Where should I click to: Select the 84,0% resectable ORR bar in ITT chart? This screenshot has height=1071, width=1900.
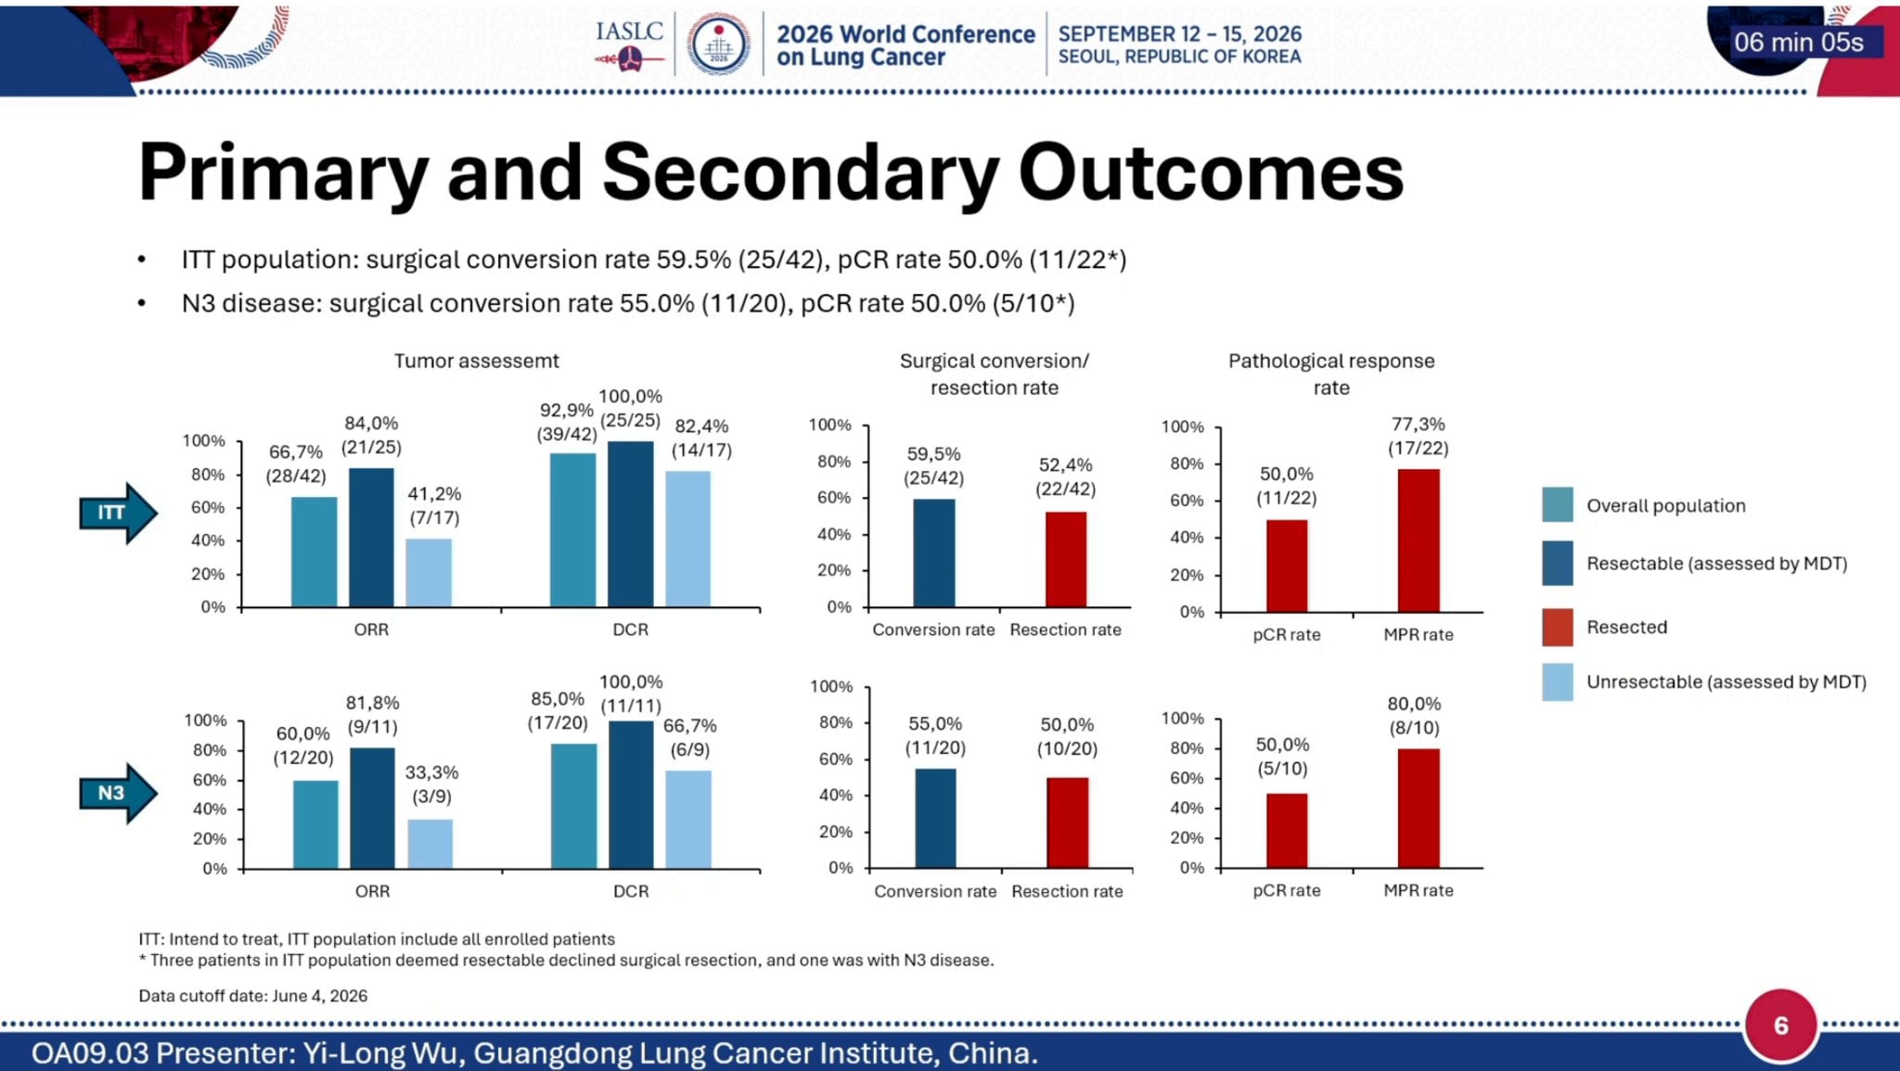coord(371,538)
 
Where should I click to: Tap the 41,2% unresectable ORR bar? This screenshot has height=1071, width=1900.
coord(429,573)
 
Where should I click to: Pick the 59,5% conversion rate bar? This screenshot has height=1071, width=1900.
coord(933,554)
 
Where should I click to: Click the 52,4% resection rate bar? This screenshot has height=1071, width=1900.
coord(1066,560)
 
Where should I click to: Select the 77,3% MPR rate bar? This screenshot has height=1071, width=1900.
coord(1419,541)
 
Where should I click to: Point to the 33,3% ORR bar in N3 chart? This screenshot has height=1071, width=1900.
coord(430,845)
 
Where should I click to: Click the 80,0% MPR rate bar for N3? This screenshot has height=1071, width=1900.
coord(1419,809)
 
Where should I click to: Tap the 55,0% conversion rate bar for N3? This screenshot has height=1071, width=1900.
coord(935,819)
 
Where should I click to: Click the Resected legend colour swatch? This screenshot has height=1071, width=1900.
coord(1558,628)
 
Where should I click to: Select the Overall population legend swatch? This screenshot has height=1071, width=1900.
coord(1558,505)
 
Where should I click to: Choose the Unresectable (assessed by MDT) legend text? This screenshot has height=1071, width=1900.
coord(1727,682)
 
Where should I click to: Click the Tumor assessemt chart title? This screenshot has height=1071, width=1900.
coord(477,361)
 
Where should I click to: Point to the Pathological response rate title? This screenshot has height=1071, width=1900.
coord(1331,375)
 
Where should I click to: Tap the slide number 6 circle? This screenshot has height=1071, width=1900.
coord(1780,1026)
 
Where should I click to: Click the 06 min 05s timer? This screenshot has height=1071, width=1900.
coord(1799,43)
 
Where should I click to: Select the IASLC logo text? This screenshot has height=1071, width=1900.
coord(629,32)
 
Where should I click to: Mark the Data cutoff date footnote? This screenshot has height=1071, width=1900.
coord(253,996)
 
